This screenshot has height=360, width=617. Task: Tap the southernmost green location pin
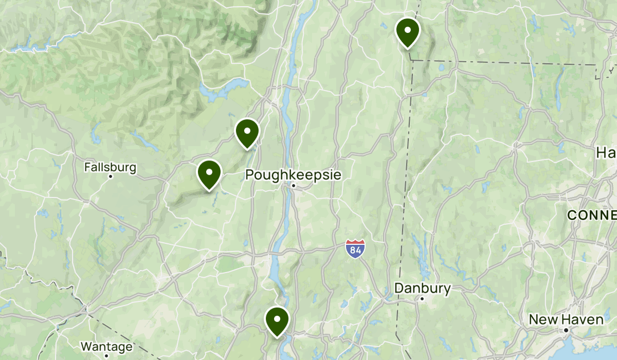tap(277, 320)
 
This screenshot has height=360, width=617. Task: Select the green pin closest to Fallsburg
tap(209, 173)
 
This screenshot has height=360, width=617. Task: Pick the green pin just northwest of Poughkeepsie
tap(247, 132)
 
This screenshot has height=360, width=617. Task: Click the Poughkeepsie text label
tap(293, 174)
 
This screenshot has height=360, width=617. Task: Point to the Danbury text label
tap(422, 289)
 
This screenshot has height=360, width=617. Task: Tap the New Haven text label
tap(566, 319)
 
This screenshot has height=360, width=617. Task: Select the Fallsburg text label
tap(111, 167)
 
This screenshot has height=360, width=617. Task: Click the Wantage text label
tap(106, 347)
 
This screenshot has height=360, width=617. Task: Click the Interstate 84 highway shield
tap(355, 249)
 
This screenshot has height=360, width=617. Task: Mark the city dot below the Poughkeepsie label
tap(293, 186)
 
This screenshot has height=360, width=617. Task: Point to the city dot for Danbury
tap(422, 299)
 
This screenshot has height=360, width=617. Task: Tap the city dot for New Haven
tap(566, 330)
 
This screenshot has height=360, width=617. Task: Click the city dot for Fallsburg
tap(111, 176)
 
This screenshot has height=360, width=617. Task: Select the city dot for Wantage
tap(106, 355)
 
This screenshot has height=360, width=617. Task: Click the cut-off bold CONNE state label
tap(591, 215)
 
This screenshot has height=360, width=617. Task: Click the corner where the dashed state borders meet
tap(411, 60)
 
